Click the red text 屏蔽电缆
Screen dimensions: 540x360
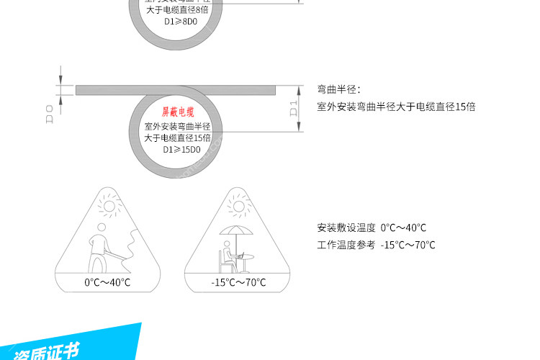coord(177,113)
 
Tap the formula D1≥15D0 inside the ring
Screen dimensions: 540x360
coord(177,150)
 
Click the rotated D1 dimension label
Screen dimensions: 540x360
coord(293,109)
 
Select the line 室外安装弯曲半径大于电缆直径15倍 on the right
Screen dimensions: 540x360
coord(396,107)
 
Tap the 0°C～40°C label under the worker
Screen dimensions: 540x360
coord(108,282)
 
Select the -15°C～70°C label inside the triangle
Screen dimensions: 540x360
coord(238,282)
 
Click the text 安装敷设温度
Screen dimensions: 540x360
coord(346,228)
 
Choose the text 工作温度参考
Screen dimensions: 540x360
coord(346,245)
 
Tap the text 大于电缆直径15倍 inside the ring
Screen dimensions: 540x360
coord(177,138)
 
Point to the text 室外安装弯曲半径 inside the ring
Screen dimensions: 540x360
coord(177,126)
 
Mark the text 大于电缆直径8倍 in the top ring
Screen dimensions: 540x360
coord(177,9)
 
